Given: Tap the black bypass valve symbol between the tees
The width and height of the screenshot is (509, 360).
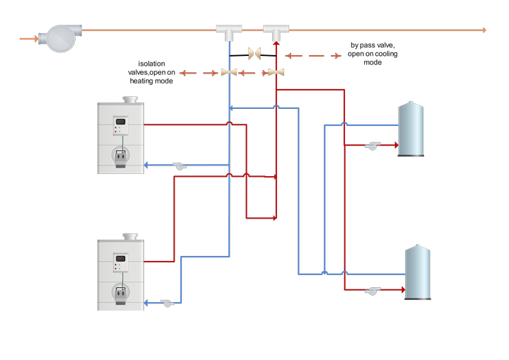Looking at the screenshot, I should (253, 54).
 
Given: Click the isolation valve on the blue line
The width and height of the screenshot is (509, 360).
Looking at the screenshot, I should (229, 72).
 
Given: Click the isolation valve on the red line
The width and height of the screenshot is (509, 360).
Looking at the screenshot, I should (276, 72).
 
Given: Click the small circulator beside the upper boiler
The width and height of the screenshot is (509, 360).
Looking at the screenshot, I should (180, 166).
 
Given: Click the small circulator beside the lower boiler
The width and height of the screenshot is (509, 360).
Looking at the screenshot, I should (168, 302).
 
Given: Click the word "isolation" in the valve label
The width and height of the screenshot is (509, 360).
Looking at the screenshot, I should (151, 64).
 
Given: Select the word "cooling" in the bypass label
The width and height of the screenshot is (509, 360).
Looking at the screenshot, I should (387, 54).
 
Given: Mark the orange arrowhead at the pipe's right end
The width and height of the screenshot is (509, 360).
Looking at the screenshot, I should (484, 30).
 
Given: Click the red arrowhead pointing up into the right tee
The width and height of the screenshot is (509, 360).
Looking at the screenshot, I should (276, 44).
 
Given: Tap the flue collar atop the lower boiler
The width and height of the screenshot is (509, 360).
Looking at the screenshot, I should (129, 236).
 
